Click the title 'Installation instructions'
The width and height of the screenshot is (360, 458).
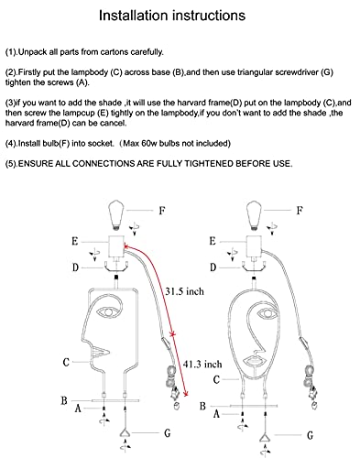coord(172,16)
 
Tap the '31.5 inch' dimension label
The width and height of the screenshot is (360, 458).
coord(184,291)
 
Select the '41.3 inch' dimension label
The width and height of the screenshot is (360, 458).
coord(202,364)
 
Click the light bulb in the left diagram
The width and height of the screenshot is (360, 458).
coord(116,214)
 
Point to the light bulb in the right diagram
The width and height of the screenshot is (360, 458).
coord(254,214)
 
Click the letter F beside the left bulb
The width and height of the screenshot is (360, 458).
coord(162,211)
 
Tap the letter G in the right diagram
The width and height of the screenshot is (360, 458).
coord(310,435)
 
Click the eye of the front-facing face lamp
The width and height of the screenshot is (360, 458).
coord(267,313)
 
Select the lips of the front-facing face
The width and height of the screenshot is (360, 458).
coord(254,359)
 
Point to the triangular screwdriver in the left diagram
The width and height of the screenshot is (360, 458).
coord(125,432)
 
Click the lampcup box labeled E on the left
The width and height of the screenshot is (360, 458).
coord(116,245)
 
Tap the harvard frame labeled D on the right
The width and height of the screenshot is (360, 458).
coord(254,267)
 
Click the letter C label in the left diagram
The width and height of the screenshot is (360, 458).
coord(66,362)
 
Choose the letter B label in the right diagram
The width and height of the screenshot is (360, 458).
coord(202,407)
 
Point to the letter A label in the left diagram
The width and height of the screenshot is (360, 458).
coord(78,409)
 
